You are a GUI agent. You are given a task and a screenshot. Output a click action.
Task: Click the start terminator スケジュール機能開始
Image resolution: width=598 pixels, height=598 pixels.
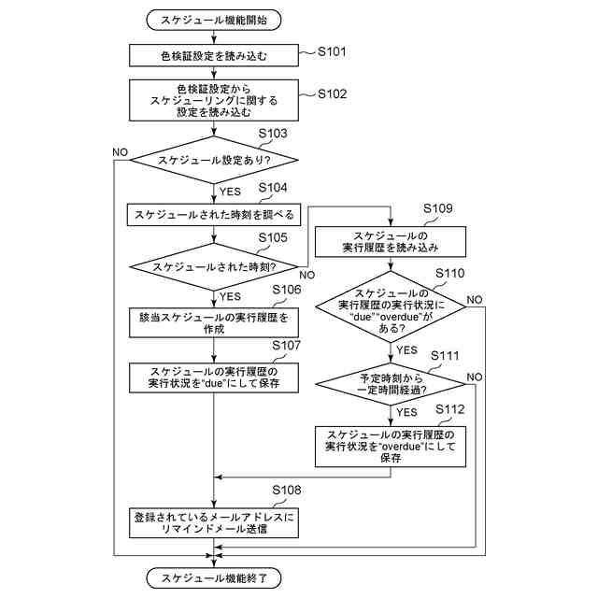click(214, 20)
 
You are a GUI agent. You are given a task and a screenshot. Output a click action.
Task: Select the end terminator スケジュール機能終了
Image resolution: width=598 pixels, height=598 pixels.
click(214, 578)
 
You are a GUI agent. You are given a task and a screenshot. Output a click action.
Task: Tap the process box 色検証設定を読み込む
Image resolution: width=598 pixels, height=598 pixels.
click(214, 56)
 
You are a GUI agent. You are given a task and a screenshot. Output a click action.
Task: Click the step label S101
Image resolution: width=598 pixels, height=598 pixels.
click(332, 51)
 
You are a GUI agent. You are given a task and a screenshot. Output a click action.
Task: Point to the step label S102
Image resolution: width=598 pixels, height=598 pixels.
click(333, 93)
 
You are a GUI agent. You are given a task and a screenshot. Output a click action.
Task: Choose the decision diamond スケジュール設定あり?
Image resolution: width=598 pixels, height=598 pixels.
click(214, 160)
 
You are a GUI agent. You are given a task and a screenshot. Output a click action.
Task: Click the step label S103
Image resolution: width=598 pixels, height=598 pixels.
click(273, 133)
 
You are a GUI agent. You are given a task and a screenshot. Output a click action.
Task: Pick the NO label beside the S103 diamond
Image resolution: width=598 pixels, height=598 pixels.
click(121, 152)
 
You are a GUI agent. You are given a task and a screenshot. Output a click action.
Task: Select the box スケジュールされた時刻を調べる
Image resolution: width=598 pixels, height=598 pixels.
click(214, 215)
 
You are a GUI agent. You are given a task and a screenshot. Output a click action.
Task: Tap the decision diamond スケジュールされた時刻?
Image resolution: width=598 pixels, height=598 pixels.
click(214, 267)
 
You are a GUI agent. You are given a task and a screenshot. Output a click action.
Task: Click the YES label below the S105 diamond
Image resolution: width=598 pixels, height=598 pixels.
click(230, 296)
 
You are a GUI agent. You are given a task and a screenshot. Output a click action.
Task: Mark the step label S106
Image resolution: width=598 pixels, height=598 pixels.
click(287, 290)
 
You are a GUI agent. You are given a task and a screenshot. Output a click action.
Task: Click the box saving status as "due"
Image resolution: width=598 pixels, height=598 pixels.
click(214, 377)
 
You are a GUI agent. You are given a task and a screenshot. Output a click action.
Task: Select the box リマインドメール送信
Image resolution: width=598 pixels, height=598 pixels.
click(214, 523)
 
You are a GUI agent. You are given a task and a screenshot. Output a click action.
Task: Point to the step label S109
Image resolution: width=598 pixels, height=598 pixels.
click(438, 208)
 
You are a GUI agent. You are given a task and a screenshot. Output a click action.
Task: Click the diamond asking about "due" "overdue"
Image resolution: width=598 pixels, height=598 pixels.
click(391, 307)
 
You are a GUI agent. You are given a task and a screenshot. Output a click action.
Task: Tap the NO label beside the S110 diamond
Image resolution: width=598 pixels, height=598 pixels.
click(475, 300)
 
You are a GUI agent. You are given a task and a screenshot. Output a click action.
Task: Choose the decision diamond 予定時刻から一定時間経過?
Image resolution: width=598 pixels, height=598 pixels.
click(391, 384)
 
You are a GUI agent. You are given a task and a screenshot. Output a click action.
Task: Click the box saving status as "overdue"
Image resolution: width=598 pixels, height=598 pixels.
click(391, 447)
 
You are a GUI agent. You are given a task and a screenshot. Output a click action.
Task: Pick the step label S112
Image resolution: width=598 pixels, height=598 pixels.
click(450, 409)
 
